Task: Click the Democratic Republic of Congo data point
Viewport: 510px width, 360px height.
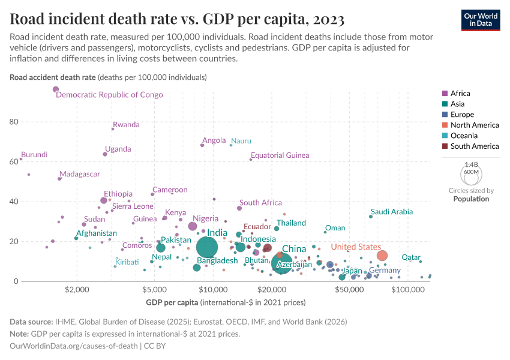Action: point(56,89)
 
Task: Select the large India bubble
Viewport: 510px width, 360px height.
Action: point(207,247)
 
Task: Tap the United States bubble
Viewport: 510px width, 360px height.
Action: point(382,256)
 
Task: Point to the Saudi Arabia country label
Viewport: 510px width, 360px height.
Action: point(392,212)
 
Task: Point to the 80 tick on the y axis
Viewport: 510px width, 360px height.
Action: point(13,122)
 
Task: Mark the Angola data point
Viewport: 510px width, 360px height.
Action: point(202,145)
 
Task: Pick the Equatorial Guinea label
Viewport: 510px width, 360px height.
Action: point(280,155)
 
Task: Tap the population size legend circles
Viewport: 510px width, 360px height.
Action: point(471,175)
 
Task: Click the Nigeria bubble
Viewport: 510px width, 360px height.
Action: point(193,226)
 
